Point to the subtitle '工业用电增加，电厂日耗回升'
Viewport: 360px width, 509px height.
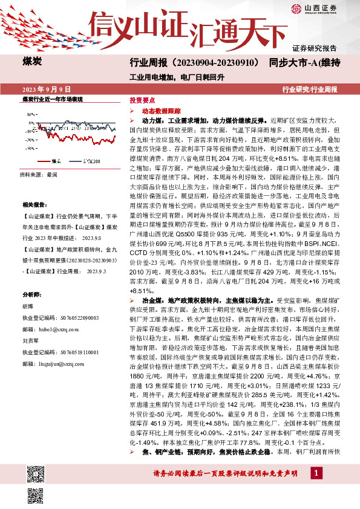pos(177,77)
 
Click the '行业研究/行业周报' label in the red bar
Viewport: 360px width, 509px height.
pos(310,89)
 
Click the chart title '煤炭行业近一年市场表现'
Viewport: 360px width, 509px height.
pos(52,99)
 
